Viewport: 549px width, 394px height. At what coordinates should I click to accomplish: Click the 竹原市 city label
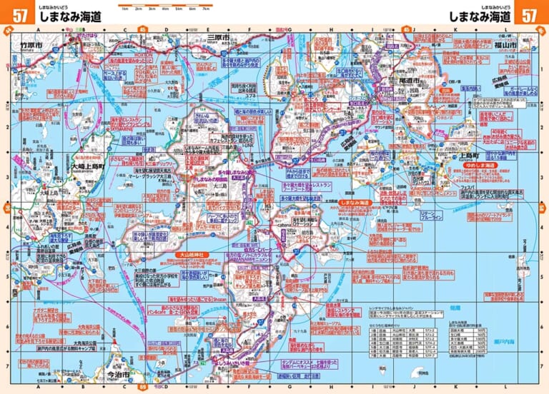[x=32, y=45]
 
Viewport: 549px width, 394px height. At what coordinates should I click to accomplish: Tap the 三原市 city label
[x=217, y=37]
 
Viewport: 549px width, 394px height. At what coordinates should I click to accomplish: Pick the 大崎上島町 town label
[x=88, y=167]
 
